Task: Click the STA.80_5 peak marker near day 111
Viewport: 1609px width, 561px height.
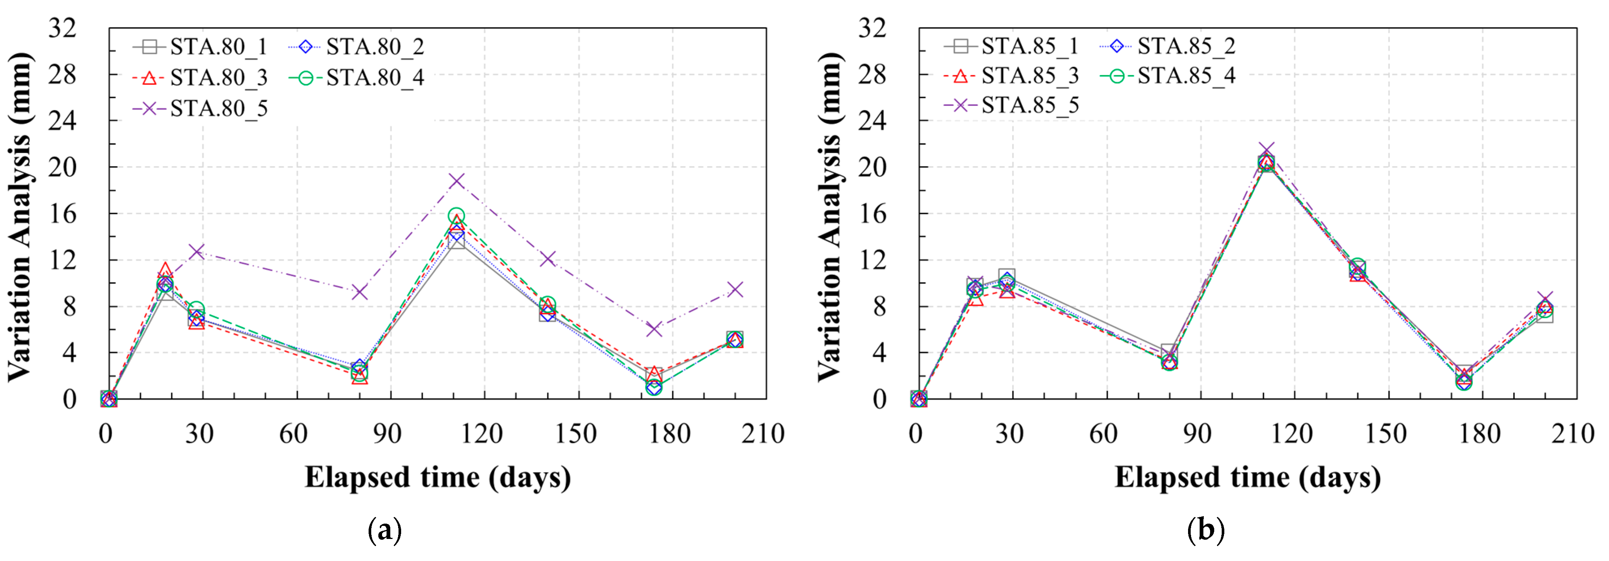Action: tap(456, 181)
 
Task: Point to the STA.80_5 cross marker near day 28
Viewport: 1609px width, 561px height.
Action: tap(197, 251)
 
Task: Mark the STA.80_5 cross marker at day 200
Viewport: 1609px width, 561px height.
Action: tap(735, 289)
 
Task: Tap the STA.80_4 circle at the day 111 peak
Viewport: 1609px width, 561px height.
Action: tap(456, 216)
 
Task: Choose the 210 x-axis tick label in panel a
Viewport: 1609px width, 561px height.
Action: tap(763, 434)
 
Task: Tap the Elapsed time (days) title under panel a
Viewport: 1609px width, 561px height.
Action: tap(437, 478)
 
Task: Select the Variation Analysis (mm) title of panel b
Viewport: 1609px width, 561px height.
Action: tap(830, 216)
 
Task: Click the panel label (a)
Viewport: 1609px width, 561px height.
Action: tap(385, 531)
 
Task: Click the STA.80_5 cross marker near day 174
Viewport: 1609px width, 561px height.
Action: tap(654, 329)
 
